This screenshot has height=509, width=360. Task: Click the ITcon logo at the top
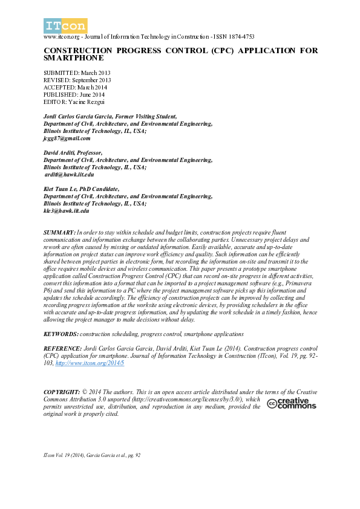pos(65,25)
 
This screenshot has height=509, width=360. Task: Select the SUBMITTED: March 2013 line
pos(77,73)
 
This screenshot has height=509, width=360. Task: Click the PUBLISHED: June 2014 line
pos(74,94)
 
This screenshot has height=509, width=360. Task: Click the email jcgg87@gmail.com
pos(67,138)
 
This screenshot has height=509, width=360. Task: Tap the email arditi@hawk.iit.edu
pos(70,174)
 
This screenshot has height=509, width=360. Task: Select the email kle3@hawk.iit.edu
pos(67,211)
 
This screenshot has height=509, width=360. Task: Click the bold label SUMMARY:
pos(60,232)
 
